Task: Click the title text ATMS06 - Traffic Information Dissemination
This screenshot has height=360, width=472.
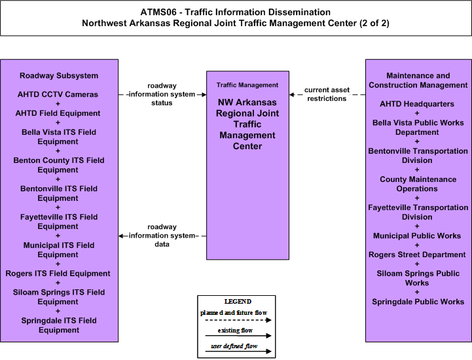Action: tap(236, 12)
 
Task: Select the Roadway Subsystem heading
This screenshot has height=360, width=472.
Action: tap(59, 75)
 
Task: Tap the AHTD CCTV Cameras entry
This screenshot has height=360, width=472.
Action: tap(58, 94)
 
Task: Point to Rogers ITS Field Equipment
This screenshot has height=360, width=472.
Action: tap(58, 274)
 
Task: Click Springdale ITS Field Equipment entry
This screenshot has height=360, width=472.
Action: tap(59, 325)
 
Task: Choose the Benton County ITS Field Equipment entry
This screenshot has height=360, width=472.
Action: tap(59, 165)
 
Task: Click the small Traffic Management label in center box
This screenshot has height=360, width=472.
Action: tap(247, 85)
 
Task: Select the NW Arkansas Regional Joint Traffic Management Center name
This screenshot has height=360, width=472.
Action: tap(247, 124)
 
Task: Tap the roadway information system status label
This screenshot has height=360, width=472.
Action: tap(162, 94)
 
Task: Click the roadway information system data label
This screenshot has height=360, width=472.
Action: tap(162, 236)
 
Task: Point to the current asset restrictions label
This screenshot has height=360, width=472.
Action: tap(327, 94)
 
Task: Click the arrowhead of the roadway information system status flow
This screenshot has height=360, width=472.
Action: tap(204, 94)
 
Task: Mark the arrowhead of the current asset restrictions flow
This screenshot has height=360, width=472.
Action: tap(291, 94)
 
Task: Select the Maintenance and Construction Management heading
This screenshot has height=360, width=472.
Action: tap(418, 81)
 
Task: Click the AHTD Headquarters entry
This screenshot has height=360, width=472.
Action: tap(417, 104)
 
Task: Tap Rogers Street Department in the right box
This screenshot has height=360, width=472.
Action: tap(417, 255)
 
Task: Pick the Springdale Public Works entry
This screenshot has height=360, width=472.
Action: tap(418, 302)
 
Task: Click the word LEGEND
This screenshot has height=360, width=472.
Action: tap(238, 301)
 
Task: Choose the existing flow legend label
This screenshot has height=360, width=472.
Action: tap(235, 330)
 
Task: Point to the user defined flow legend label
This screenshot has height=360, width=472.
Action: tap(234, 346)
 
